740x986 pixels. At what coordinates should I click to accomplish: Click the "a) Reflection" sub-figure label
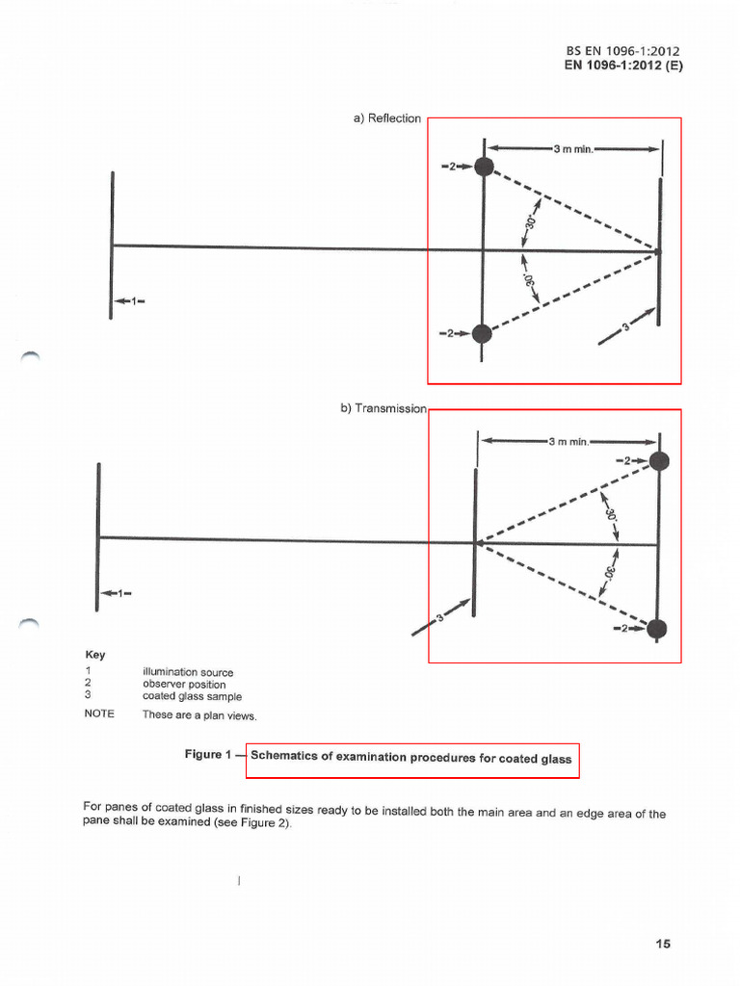tap(387, 118)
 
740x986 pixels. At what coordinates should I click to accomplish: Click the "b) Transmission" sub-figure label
tap(383, 408)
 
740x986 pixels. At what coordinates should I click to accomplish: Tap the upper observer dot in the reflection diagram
tap(484, 168)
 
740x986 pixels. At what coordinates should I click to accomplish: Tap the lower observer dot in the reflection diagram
tap(482, 334)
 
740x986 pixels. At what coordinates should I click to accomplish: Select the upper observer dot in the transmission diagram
tap(658, 461)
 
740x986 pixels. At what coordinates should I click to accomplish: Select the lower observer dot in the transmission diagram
tap(657, 629)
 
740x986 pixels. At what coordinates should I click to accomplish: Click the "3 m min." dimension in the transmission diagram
tap(568, 442)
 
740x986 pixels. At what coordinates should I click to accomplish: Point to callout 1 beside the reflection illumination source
tap(130, 301)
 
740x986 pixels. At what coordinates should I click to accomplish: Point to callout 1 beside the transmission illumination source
tap(116, 593)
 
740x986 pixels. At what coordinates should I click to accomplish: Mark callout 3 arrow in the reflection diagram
tap(626, 325)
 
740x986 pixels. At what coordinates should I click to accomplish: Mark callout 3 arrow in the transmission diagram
tap(441, 617)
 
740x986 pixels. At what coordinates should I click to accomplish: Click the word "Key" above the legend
tap(95, 655)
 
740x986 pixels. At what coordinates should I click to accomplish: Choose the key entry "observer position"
tap(183, 684)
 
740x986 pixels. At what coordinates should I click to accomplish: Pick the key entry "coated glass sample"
tap(192, 696)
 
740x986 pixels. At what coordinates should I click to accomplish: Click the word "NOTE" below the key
tap(99, 714)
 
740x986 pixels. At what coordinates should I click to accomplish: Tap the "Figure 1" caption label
tap(207, 756)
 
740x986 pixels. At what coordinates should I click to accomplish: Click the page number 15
tap(662, 944)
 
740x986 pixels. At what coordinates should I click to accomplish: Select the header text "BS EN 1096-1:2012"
tap(624, 51)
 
